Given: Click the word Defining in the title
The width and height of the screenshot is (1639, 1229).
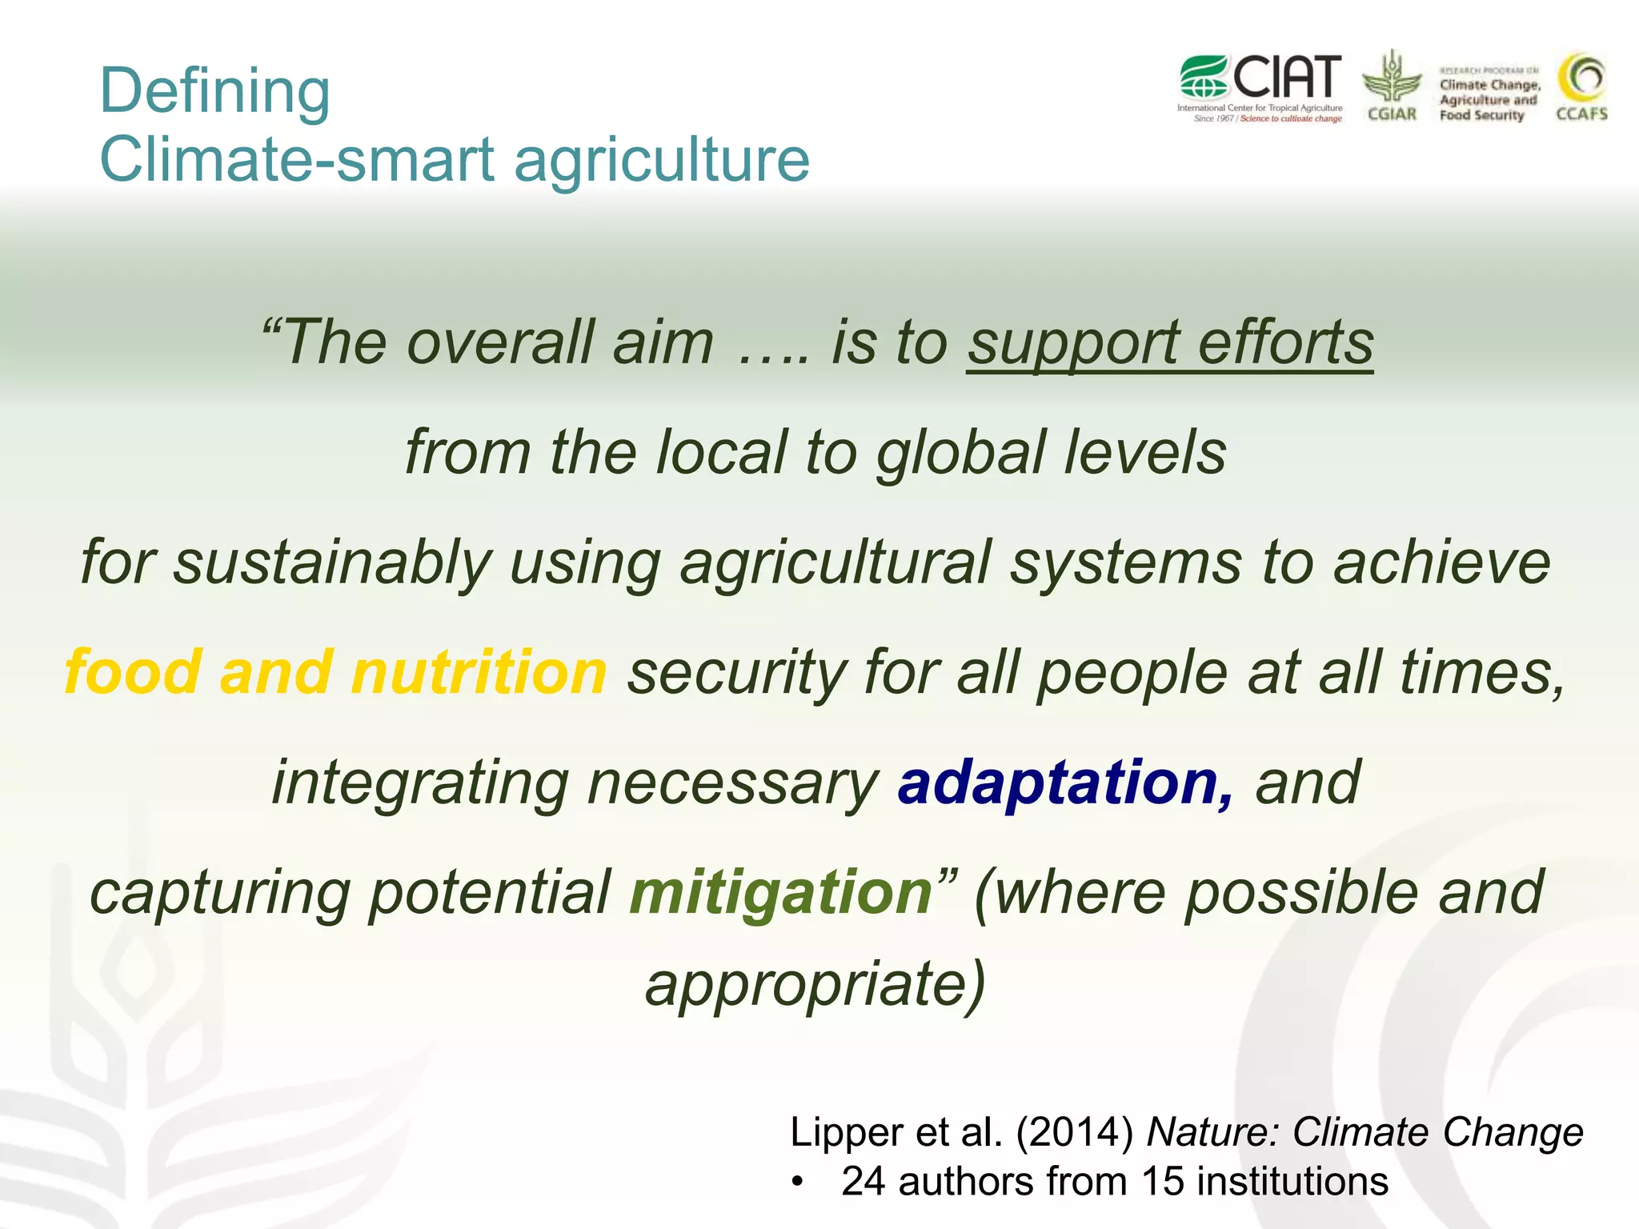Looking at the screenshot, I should click(x=214, y=91).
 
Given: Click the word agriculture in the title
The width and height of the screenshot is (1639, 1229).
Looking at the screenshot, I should click(x=661, y=159).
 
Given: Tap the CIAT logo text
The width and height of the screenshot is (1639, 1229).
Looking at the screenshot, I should click(x=1286, y=78).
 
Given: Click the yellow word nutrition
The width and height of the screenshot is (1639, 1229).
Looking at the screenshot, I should click(x=479, y=672).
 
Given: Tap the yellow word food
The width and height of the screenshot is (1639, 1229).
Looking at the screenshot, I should click(x=132, y=672).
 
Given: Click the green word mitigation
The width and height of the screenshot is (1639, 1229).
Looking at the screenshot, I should click(x=780, y=893).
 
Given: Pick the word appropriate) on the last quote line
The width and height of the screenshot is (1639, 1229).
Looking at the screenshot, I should click(x=815, y=985).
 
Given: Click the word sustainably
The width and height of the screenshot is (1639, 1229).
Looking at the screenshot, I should click(x=332, y=562).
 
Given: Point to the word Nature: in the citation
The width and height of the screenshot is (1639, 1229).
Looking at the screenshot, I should click(x=1215, y=1132).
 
